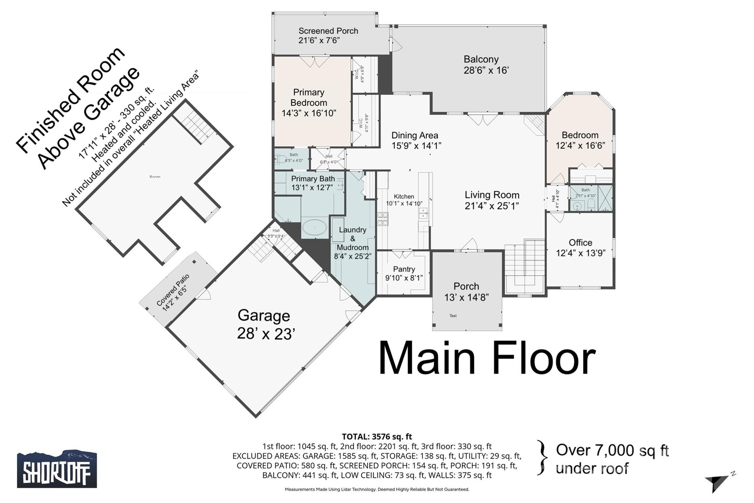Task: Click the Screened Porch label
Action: click(328, 31)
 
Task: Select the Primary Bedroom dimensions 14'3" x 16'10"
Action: click(309, 113)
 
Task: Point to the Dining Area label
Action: click(415, 136)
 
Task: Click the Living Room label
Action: click(491, 195)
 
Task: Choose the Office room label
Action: click(580, 243)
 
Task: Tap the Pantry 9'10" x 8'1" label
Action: click(404, 273)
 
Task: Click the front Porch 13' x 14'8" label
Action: click(466, 291)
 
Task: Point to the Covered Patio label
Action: click(173, 290)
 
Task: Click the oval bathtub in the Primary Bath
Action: click(314, 228)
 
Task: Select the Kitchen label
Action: click(404, 197)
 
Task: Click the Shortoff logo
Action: click(57, 469)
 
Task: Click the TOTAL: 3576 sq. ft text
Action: click(377, 437)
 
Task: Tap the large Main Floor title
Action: click(487, 358)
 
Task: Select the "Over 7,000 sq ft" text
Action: click(612, 450)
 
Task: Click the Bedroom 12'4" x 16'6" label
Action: click(580, 140)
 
